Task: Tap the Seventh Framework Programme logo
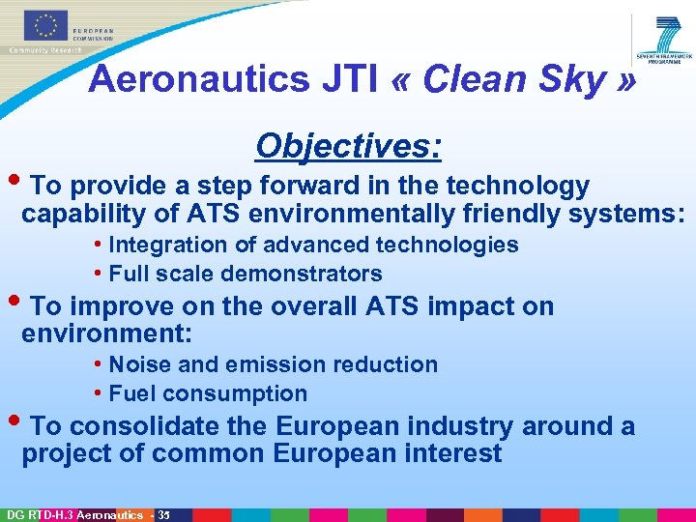point(666,40)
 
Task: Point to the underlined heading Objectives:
point(349,146)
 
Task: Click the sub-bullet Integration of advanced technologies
point(313,246)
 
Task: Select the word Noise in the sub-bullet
point(140,364)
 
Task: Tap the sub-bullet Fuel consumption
point(208,393)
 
